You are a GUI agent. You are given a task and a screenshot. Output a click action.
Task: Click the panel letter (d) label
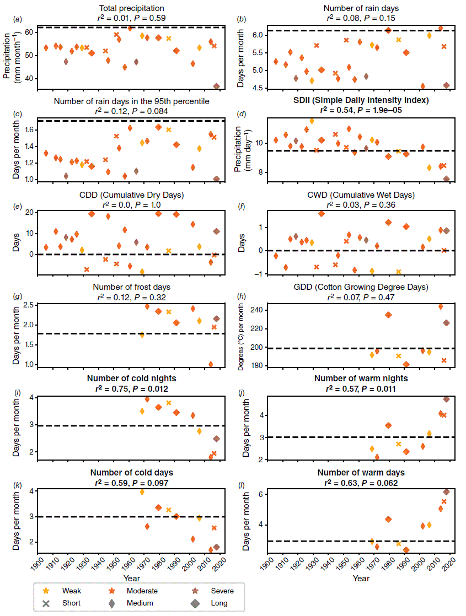coord(240,114)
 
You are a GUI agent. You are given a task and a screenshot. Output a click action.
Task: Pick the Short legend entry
coord(65,603)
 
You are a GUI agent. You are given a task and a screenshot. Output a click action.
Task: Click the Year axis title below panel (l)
coord(361,579)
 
